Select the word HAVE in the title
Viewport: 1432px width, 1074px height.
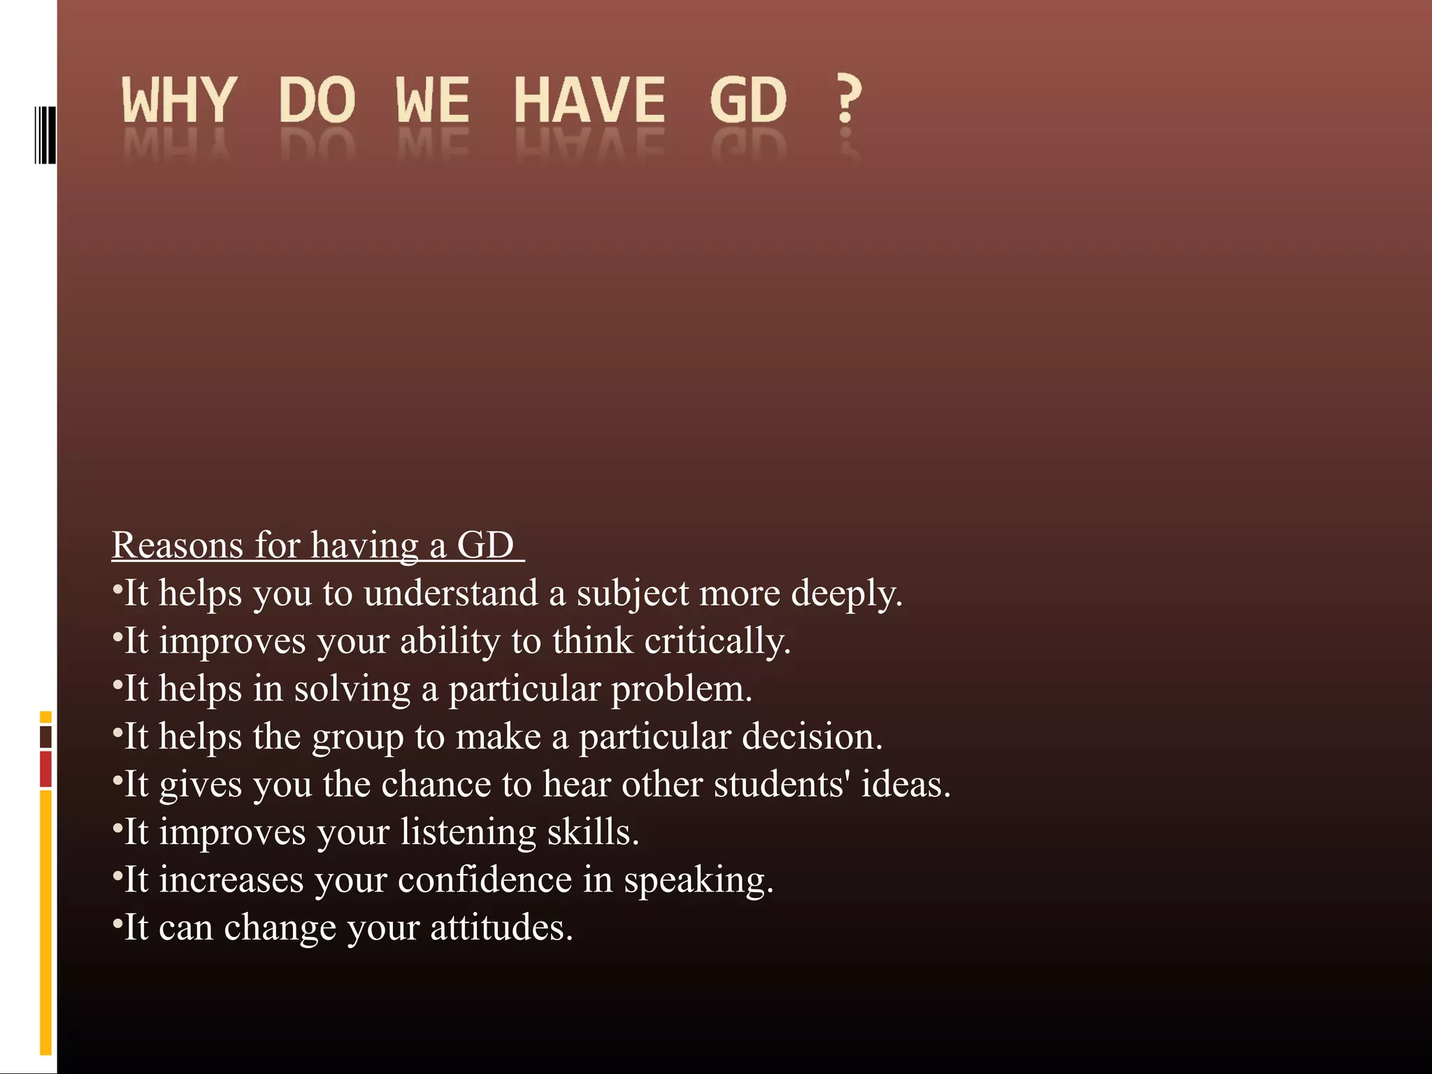pyautogui.click(x=589, y=100)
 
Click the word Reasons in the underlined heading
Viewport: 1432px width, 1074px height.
pyautogui.click(x=177, y=545)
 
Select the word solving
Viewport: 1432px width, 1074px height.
pyautogui.click(x=352, y=689)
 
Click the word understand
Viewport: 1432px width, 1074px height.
pyautogui.click(x=450, y=594)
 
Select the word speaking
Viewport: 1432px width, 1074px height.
pyautogui.click(x=699, y=880)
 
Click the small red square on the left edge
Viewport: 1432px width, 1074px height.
pyautogui.click(x=45, y=769)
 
